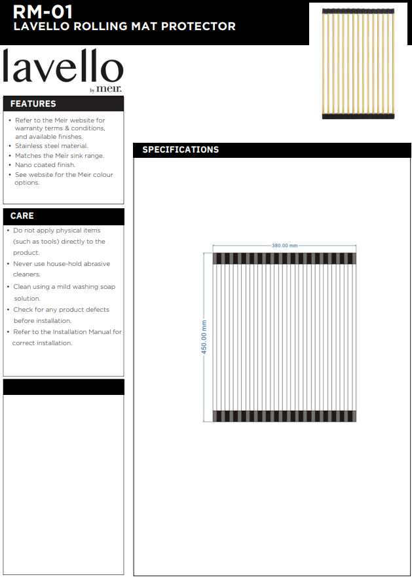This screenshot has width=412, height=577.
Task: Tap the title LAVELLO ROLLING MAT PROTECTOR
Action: tap(124, 27)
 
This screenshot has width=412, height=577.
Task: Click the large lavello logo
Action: tap(63, 67)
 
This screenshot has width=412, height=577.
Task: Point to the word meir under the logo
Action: tap(109, 89)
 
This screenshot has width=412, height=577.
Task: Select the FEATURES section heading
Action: tap(33, 103)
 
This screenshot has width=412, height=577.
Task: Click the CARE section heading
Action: tap(22, 215)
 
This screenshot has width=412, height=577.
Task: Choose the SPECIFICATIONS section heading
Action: tap(181, 149)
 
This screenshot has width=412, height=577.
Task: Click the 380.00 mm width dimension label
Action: tap(284, 246)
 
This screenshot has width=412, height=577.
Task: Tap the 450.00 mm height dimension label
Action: tap(204, 337)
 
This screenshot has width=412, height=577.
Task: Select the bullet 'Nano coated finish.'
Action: tap(45, 165)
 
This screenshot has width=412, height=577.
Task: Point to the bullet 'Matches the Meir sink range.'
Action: tap(60, 156)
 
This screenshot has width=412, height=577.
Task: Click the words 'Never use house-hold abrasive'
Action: tap(62, 264)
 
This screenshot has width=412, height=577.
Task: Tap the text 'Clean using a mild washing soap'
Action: tap(64, 287)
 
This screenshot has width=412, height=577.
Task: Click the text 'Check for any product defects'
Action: tap(62, 310)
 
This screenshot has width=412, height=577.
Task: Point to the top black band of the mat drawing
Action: tap(284, 258)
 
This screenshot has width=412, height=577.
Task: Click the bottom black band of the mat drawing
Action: tap(284, 416)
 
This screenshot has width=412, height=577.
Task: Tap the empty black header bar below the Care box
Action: tap(64, 387)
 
